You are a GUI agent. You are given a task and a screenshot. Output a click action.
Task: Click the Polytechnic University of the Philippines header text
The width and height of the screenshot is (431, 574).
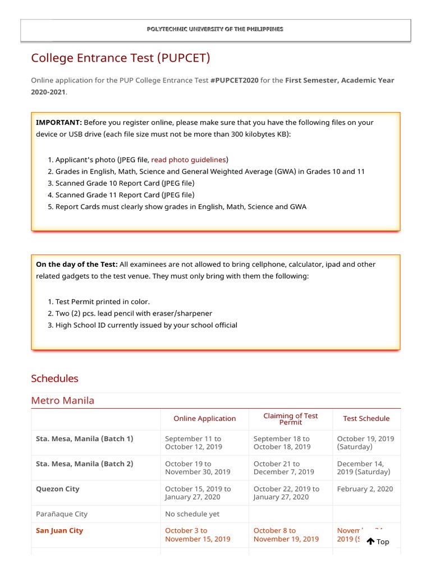[x=215, y=29]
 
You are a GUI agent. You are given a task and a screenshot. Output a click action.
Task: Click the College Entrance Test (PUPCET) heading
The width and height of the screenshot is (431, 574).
[x=121, y=58]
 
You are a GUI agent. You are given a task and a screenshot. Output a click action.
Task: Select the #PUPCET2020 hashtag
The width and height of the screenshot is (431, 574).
[x=234, y=80]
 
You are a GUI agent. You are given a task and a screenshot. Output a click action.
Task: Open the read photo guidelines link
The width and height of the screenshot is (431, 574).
[x=189, y=160]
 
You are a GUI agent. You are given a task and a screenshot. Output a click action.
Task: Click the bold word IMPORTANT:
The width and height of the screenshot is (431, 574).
[x=59, y=122]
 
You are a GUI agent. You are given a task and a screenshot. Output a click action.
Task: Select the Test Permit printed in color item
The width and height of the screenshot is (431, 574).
[x=102, y=302]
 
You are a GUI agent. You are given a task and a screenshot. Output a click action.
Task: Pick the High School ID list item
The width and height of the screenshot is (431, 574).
[x=146, y=325]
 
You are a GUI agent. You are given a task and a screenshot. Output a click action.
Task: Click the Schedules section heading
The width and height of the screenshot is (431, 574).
[x=54, y=378]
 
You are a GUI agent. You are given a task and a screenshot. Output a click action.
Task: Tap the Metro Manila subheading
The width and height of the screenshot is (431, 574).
[x=62, y=400]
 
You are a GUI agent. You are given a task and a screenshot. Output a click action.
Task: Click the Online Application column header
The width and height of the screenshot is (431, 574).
[x=204, y=419]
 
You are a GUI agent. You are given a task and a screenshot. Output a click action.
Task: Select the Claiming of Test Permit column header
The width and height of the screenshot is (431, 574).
[x=290, y=419]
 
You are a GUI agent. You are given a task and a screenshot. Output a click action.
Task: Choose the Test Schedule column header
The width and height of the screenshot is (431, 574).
[x=366, y=419]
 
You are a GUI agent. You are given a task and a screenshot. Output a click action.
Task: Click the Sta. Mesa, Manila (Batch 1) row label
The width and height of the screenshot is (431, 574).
[x=84, y=439]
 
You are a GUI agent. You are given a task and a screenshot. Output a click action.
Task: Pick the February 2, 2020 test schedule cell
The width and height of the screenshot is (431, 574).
[x=365, y=489]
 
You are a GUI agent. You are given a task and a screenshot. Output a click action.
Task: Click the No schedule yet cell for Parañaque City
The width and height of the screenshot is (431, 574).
[x=192, y=514]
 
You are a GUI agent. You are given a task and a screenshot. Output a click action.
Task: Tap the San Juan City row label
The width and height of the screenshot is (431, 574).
[x=59, y=531]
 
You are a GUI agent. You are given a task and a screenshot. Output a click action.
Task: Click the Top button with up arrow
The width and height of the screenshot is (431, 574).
[x=378, y=541]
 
